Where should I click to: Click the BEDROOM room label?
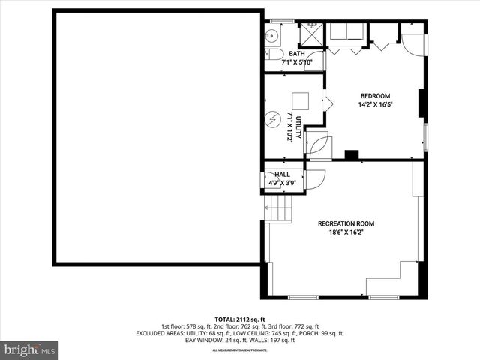375,95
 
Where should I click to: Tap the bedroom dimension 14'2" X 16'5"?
375,105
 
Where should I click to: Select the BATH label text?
297,54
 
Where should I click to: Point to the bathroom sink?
272,35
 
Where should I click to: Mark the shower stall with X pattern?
310,35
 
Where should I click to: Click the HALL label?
282,175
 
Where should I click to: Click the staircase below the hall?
278,205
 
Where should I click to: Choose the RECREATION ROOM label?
346,223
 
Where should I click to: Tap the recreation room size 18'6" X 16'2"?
346,233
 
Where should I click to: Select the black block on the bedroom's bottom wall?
351,155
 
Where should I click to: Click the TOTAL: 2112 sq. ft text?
240,319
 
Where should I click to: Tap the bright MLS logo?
30,349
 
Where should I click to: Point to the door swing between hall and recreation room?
314,178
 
